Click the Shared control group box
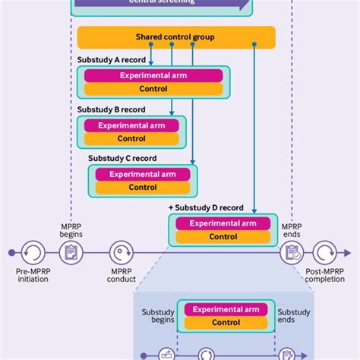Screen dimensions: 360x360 point(176,37)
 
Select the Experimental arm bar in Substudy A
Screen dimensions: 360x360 point(153,75)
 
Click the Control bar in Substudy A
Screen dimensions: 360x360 point(153,89)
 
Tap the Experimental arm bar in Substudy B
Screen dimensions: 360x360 point(131,125)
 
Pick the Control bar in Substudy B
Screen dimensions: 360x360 point(131,139)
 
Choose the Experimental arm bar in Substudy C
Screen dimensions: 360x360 point(142,174)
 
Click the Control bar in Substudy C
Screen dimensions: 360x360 point(142,188)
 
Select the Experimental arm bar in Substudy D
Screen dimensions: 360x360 point(223,223)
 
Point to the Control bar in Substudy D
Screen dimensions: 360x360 point(223,237)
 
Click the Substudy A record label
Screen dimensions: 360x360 point(112,59)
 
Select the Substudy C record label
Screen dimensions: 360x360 point(122,158)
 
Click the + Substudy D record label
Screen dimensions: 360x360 point(206,207)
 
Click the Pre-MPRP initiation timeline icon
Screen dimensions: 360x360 point(32,252)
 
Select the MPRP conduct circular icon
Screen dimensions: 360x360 point(122,252)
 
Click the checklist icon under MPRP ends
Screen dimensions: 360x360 point(292,252)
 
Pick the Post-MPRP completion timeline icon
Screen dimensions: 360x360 point(324,252)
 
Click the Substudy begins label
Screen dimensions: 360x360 point(158,317)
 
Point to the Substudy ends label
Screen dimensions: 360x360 point(292,317)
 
